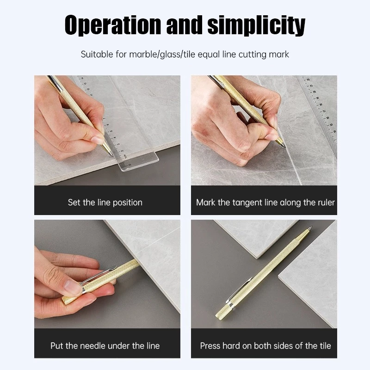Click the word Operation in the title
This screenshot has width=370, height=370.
coord(112,25)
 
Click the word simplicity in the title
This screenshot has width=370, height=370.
coord(257,25)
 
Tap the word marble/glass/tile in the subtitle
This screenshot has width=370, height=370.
coord(162,55)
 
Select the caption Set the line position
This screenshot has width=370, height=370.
coord(105,203)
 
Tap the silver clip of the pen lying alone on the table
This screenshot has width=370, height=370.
coord(238,290)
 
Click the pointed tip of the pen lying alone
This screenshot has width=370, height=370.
coord(311,228)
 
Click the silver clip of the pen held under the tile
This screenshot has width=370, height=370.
coord(99,278)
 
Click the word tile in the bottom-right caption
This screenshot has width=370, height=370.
coord(325,345)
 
